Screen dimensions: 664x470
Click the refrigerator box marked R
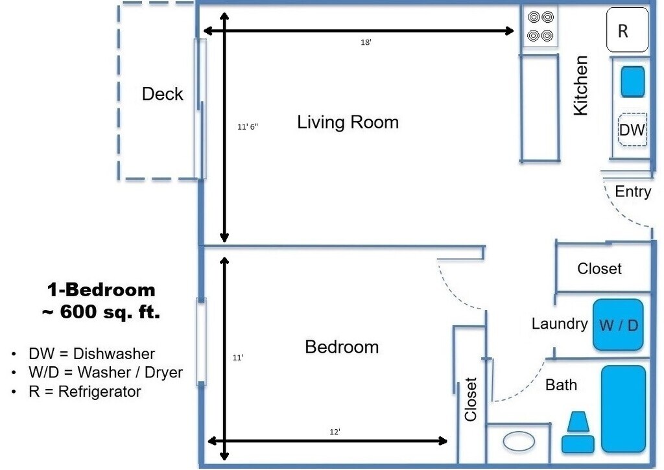(x=627, y=30)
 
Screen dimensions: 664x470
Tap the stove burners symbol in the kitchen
(x=540, y=26)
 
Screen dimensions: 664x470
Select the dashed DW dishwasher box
(x=633, y=130)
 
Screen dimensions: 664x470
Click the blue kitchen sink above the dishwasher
(x=633, y=81)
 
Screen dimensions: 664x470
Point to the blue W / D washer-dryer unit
(x=618, y=325)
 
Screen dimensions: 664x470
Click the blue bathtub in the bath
(x=624, y=409)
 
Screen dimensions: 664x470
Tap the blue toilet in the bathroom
(x=578, y=432)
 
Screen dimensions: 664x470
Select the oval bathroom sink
(x=519, y=441)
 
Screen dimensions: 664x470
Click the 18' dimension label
(x=366, y=42)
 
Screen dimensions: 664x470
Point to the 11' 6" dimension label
(x=248, y=126)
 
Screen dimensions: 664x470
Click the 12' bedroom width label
(x=335, y=432)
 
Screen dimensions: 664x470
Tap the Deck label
(x=163, y=93)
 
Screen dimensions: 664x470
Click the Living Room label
(x=348, y=123)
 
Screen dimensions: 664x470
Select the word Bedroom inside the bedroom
(x=342, y=347)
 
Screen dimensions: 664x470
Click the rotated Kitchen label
(x=580, y=85)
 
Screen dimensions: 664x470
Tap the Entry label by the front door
(x=633, y=191)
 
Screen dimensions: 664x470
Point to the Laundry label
(x=560, y=324)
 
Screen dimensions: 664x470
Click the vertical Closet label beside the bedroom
(x=471, y=399)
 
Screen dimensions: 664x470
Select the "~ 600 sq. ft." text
(x=101, y=312)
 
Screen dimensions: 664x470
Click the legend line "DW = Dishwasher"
(x=91, y=353)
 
